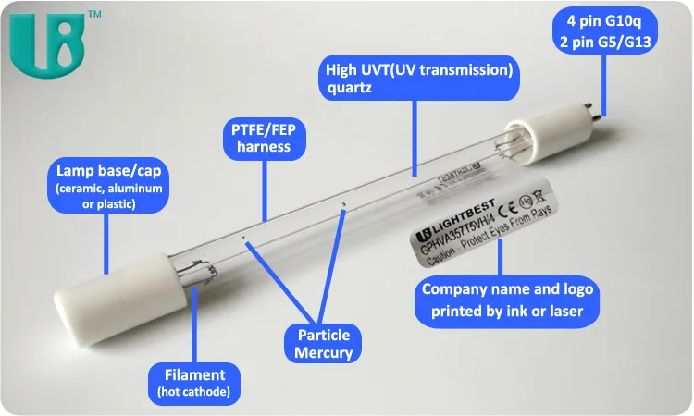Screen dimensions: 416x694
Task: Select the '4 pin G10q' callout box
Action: [606, 31]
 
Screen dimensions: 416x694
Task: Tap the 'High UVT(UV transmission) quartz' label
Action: [417, 78]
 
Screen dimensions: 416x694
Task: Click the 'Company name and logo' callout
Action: [507, 300]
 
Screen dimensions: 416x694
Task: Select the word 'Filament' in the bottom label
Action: [194, 374]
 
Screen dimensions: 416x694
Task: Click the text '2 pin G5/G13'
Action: [606, 41]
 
